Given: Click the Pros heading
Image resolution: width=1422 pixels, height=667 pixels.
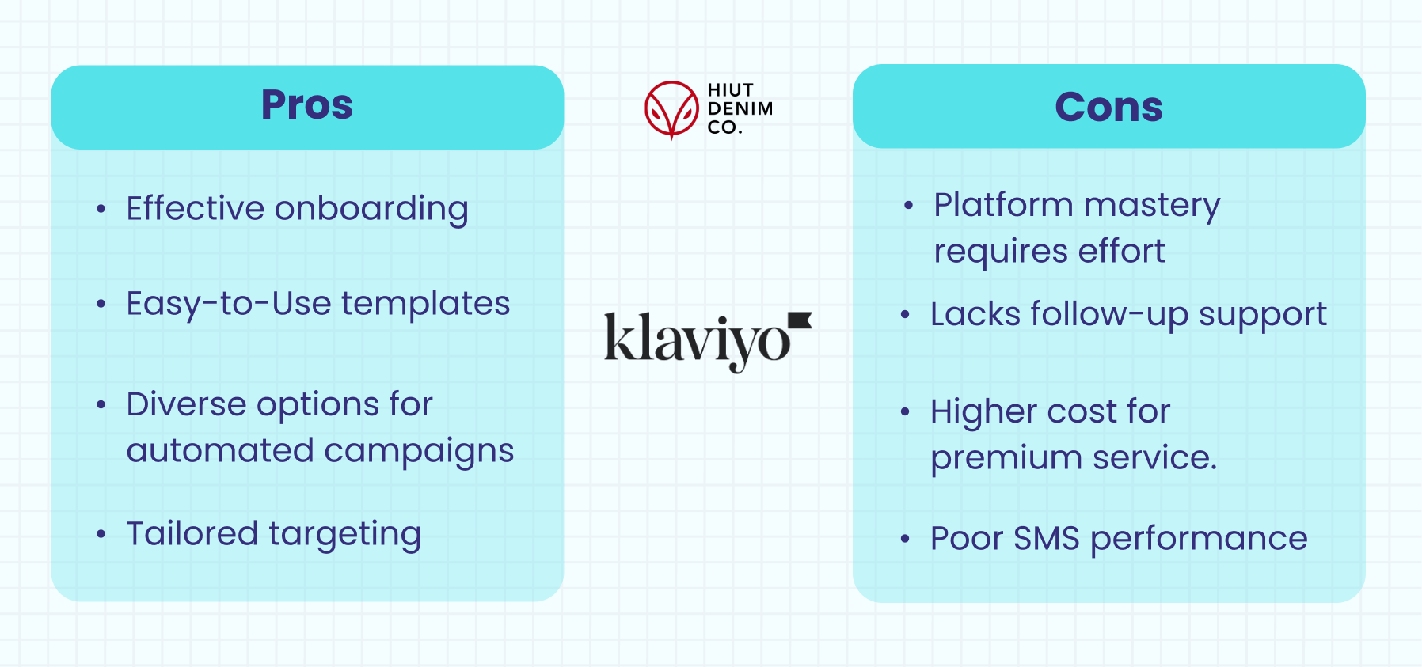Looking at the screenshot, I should pyautogui.click(x=307, y=104).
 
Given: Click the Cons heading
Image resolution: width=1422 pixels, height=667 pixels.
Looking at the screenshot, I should pyautogui.click(x=1108, y=107).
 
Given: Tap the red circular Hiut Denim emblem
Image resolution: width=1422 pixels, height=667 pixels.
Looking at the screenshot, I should pyautogui.click(x=671, y=109).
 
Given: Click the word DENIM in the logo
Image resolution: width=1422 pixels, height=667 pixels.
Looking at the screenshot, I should pyautogui.click(x=740, y=108).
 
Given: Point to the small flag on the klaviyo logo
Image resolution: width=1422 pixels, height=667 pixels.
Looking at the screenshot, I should pyautogui.click(x=800, y=320).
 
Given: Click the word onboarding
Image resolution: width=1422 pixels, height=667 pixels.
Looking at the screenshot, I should pyautogui.click(x=371, y=209).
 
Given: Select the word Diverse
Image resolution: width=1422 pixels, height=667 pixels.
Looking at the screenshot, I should pyautogui.click(x=186, y=404).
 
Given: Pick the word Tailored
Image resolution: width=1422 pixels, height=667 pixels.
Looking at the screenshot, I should pyautogui.click(x=192, y=534).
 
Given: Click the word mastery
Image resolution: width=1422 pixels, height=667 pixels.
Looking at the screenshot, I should pyautogui.click(x=1152, y=206).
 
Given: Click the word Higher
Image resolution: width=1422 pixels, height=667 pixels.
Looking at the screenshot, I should pyautogui.click(x=983, y=412).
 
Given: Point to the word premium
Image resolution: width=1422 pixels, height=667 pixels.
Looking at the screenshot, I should pyautogui.click(x=994, y=459).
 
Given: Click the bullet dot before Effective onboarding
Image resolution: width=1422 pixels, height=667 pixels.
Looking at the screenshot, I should pyautogui.click(x=101, y=210).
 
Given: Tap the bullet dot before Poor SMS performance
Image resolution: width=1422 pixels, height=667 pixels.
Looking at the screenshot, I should pyautogui.click(x=905, y=540).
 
